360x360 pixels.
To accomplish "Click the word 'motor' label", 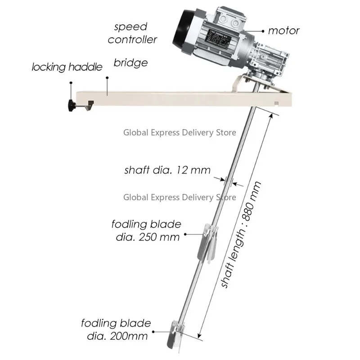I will click(x=283, y=31).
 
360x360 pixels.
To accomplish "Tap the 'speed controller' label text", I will click(x=132, y=33).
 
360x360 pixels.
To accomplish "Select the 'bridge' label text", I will click(x=130, y=63).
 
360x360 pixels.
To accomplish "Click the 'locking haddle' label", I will click(x=67, y=67).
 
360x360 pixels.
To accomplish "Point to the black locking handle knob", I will click(x=71, y=106).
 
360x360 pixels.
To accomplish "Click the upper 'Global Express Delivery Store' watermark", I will click(x=180, y=132).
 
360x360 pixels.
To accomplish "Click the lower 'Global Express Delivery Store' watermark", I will click(x=180, y=197).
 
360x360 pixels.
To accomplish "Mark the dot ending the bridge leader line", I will click(x=108, y=78).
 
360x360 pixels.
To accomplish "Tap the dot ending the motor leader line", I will click(x=262, y=31).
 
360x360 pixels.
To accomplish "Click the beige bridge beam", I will click(x=180, y=97).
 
